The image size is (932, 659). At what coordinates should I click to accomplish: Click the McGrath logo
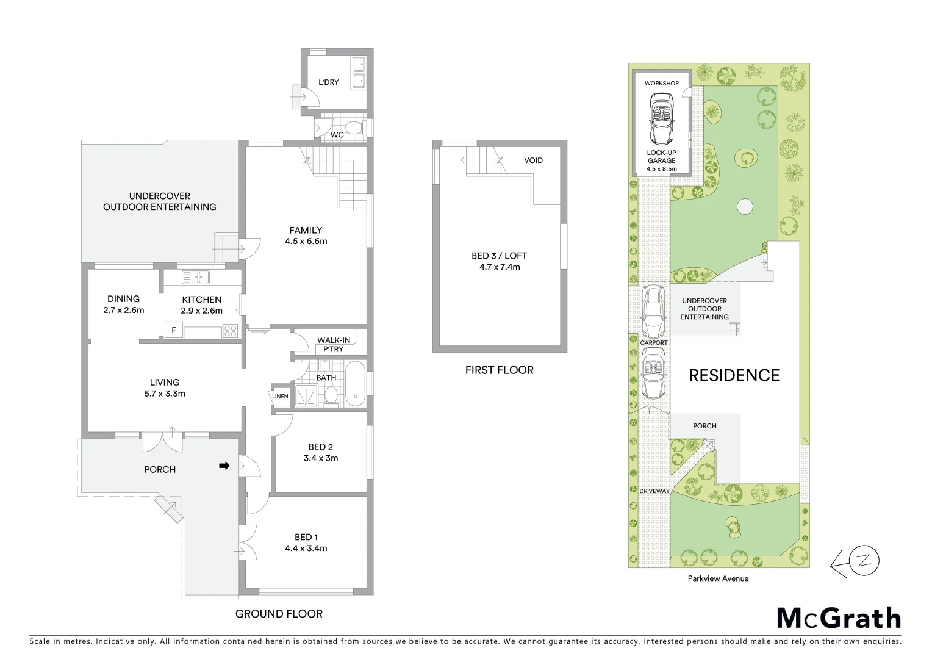click(839, 618)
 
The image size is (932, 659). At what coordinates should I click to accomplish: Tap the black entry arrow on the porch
click(224, 466)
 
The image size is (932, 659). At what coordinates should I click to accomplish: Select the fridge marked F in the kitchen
click(174, 331)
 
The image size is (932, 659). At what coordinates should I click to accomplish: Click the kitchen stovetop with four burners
click(231, 331)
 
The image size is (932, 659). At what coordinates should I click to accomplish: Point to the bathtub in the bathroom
click(354, 384)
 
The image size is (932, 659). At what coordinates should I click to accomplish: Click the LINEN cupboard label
click(280, 397)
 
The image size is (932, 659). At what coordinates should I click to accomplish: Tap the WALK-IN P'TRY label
click(333, 345)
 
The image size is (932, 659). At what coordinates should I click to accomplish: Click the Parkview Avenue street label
click(718, 578)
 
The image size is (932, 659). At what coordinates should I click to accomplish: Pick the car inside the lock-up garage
click(661, 117)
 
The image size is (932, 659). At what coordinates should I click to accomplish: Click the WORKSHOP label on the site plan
click(662, 83)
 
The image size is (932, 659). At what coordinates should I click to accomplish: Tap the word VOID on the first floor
click(533, 160)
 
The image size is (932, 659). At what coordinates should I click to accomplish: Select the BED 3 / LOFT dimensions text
click(499, 267)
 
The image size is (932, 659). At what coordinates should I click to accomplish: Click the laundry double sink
click(358, 72)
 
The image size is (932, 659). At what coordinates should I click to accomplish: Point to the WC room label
click(337, 135)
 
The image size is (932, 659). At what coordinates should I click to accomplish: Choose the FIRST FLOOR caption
click(499, 370)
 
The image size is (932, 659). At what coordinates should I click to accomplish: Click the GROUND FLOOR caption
click(279, 614)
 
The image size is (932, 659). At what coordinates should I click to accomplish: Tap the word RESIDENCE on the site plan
click(734, 375)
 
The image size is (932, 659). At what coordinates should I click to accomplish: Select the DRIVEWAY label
click(654, 491)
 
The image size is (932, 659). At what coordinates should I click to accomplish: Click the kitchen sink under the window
click(196, 277)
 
